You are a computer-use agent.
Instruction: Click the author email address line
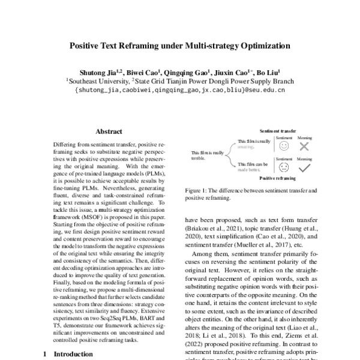[179, 91]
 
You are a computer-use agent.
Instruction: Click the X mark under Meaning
[304, 146]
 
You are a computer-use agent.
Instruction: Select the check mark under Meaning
[305, 167]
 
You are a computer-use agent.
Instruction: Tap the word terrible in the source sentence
[199, 158]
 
